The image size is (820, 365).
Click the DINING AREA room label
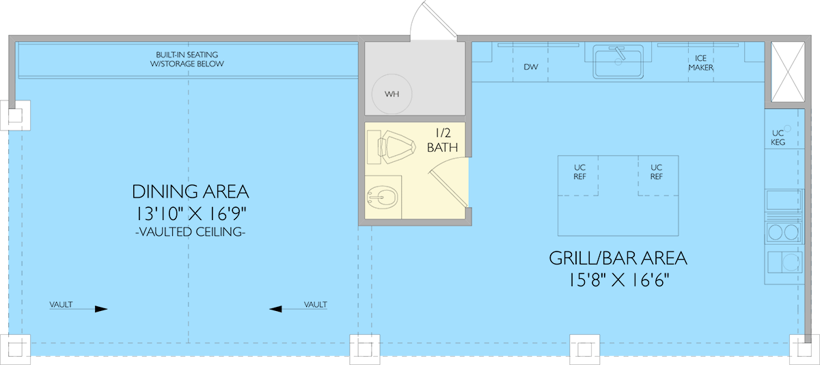click(x=191, y=192)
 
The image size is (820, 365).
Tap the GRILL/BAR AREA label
click(x=618, y=258)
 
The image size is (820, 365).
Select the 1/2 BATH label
click(x=442, y=140)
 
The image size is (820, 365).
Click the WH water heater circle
click(x=392, y=94)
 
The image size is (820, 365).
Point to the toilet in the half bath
click(x=391, y=147)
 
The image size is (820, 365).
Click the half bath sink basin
click(x=383, y=198)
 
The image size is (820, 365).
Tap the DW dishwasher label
click(x=531, y=67)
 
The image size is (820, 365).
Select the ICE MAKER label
click(x=700, y=63)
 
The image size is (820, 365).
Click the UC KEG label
click(x=778, y=137)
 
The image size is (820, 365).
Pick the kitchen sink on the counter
click(x=618, y=62)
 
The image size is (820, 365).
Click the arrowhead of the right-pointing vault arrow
click(x=101, y=309)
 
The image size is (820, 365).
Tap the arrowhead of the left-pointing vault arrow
click(x=275, y=309)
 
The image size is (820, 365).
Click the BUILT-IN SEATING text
click(x=187, y=55)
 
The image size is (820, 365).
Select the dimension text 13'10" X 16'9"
click(x=191, y=214)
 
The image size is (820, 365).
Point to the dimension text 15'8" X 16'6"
click(x=618, y=280)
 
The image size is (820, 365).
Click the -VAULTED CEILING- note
click(x=191, y=232)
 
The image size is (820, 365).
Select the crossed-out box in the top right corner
click(x=788, y=72)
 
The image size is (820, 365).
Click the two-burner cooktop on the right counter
click(x=783, y=232)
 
